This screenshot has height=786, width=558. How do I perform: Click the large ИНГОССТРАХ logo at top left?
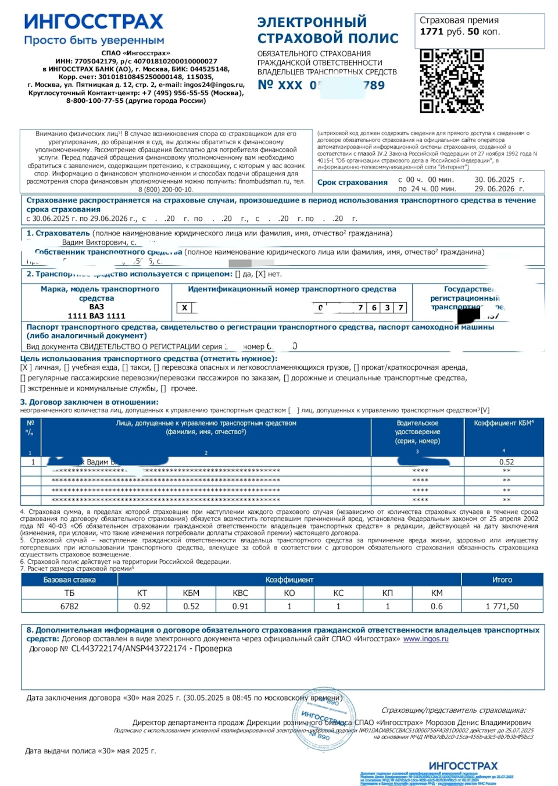[x=94, y=22]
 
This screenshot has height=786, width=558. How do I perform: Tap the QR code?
[x=452, y=80]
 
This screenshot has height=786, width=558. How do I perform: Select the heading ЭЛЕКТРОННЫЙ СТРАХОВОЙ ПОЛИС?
[x=328, y=30]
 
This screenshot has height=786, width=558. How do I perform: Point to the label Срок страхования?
[x=352, y=183]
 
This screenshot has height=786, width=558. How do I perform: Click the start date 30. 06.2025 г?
[x=499, y=180]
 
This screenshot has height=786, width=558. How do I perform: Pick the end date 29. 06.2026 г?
[x=499, y=189]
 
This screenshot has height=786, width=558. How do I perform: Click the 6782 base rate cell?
[x=69, y=606]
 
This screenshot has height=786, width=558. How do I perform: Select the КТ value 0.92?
[x=142, y=606]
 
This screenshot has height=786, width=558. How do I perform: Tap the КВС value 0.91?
[x=240, y=606]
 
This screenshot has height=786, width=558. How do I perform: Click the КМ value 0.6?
[x=437, y=606]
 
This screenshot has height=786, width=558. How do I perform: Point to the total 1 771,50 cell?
[x=502, y=606]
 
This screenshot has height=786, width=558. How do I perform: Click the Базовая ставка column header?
[x=69, y=580]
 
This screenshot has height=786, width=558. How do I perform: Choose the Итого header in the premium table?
[x=502, y=580]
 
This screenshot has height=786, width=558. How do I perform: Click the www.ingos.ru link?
[x=426, y=639]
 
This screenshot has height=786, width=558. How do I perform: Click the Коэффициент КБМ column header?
[x=503, y=423]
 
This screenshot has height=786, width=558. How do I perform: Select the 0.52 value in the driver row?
[x=506, y=462]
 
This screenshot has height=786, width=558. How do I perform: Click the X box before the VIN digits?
[x=184, y=308]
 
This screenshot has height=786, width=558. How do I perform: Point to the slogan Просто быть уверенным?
[x=94, y=41]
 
